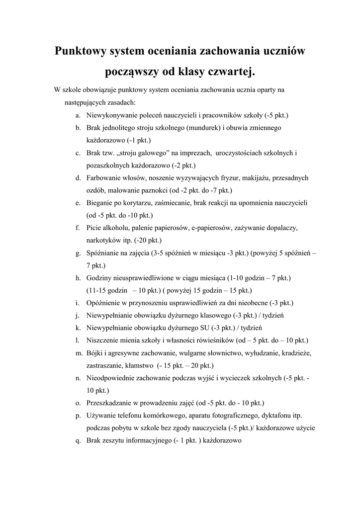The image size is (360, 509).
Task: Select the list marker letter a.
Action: click(x=78, y=115)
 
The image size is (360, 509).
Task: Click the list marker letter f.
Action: click(x=78, y=228)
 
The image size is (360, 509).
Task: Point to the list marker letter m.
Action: click(x=79, y=353)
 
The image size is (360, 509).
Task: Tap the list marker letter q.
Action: click(x=78, y=440)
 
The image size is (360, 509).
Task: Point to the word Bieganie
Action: click(x=100, y=203)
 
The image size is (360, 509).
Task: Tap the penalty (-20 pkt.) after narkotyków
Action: click(x=148, y=240)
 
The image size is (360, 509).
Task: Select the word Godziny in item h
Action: click(x=98, y=278)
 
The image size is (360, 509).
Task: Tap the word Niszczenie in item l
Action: click(x=103, y=340)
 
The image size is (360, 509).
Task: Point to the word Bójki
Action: click(x=94, y=353)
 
